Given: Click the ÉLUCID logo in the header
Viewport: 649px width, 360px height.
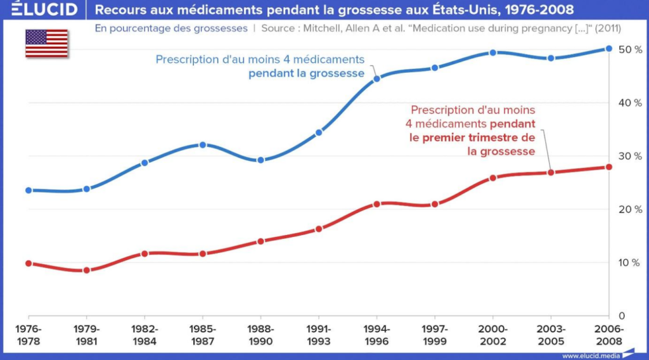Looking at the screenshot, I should (39, 10).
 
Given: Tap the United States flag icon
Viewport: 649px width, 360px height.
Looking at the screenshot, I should (46, 43).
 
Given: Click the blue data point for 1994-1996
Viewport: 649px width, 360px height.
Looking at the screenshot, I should (376, 79).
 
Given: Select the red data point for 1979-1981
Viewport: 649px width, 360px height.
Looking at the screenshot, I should (87, 270).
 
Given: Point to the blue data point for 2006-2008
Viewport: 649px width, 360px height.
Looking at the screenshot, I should (608, 48).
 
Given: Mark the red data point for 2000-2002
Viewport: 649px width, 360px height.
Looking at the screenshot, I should (492, 178).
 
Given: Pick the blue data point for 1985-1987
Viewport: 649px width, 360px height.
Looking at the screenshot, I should (203, 145).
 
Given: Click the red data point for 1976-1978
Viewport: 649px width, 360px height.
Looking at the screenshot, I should (29, 263).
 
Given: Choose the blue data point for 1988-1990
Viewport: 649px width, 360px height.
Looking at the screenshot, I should (260, 160).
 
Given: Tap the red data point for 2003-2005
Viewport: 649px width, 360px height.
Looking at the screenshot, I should (550, 172).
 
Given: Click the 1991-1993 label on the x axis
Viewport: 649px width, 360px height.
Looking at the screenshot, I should (319, 335).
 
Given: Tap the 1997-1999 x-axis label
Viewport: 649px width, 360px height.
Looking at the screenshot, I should (435, 335).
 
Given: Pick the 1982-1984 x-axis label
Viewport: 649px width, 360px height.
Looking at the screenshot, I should (145, 335).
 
